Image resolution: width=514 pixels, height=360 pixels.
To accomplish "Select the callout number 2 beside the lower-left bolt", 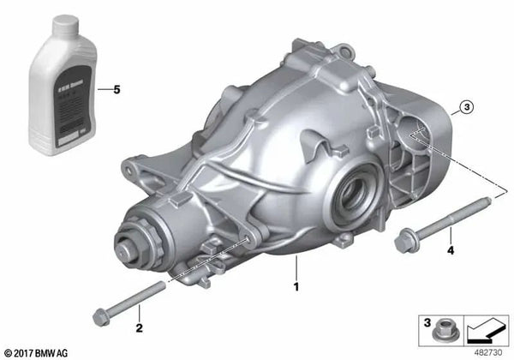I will (x=137, y=328).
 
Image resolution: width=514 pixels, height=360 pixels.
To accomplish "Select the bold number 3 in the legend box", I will (x=424, y=323).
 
